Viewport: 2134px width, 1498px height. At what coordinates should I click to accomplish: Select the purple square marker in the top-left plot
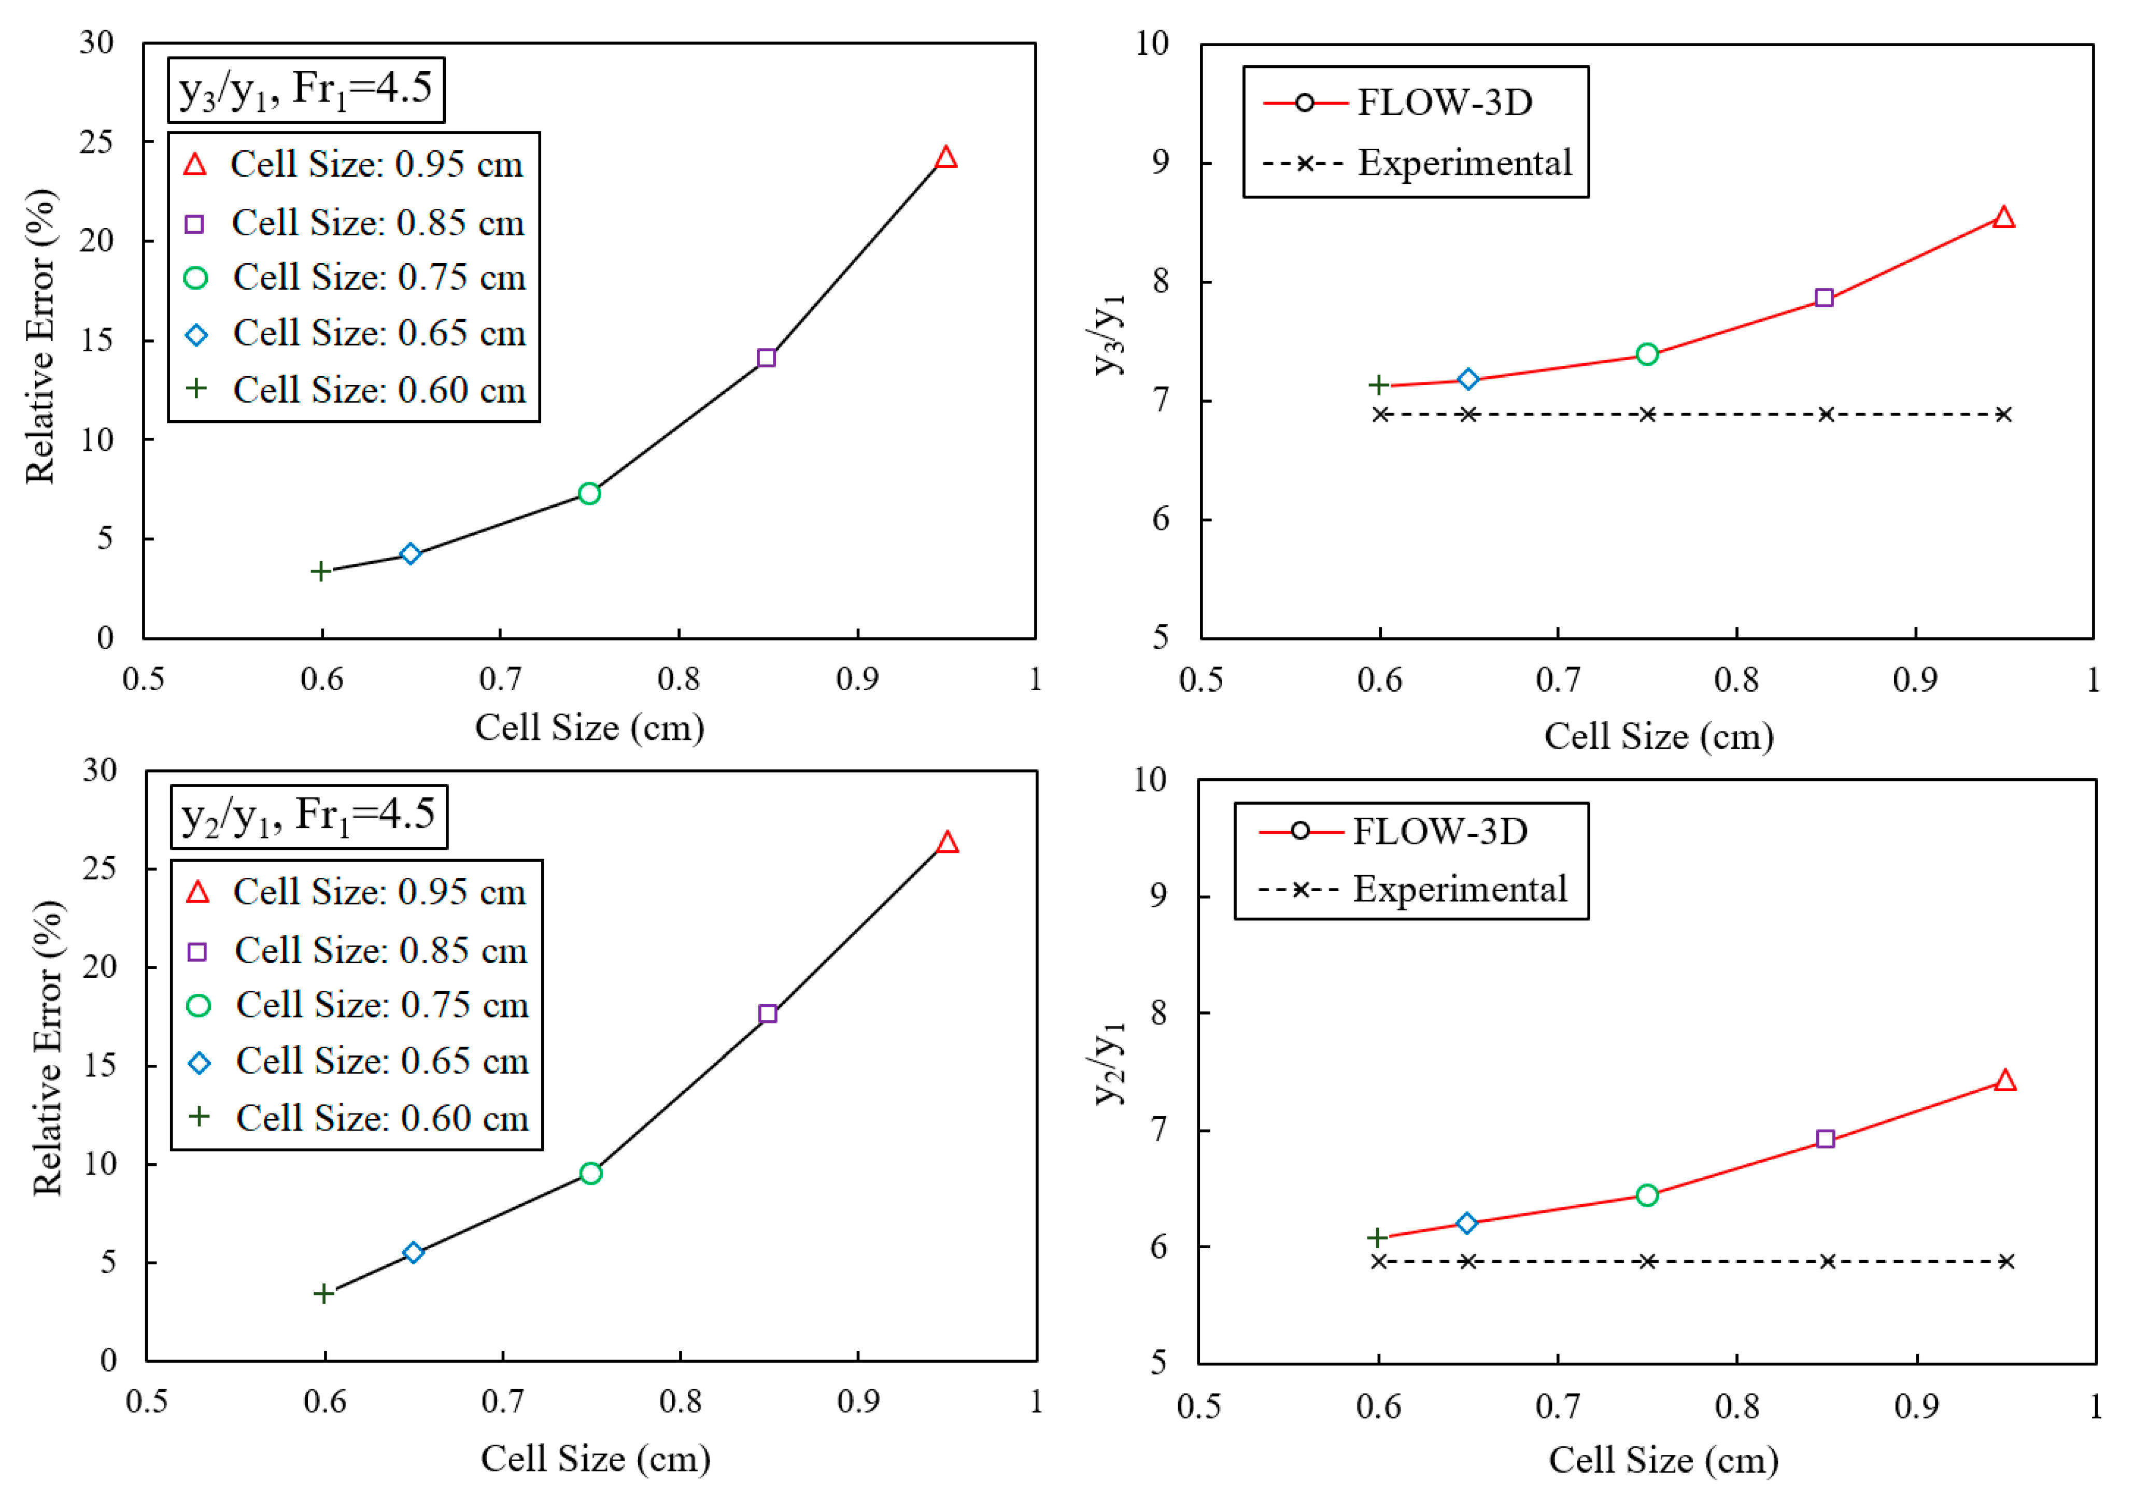pos(767,358)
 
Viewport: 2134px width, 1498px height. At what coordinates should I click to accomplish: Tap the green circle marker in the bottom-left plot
pos(590,1173)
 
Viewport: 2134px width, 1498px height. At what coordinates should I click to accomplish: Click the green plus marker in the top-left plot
pos(321,570)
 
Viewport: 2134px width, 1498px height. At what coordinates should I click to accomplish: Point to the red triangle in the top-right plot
pos(2004,218)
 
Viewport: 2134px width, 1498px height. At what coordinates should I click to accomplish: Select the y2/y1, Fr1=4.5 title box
pos(308,817)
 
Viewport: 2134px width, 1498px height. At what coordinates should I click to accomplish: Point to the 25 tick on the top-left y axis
pos(96,142)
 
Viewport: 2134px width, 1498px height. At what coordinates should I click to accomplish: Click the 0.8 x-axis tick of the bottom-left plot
pos(681,1401)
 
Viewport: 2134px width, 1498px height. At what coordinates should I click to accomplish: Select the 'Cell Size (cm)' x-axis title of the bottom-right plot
pos(1663,1460)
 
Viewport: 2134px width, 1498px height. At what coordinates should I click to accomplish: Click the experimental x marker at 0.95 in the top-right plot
pos(2004,415)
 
